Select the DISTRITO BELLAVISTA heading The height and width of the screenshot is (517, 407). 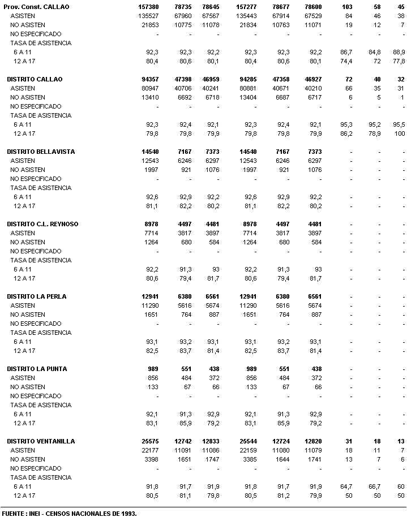pyautogui.click(x=41, y=152)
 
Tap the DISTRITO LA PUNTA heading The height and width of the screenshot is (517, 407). pyautogui.click(x=37, y=369)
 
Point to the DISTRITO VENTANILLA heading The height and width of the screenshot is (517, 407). pyautogui.click(x=41, y=441)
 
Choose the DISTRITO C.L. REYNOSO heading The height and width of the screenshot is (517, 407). pyautogui.click(x=42, y=224)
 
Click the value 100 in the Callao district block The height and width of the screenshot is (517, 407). pyautogui.click(x=400, y=133)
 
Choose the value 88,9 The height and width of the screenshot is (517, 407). pyautogui.click(x=399, y=52)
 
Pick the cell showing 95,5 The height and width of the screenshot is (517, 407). pyautogui.click(x=399, y=124)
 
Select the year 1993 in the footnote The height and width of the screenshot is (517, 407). pyautogui.click(x=127, y=513)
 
